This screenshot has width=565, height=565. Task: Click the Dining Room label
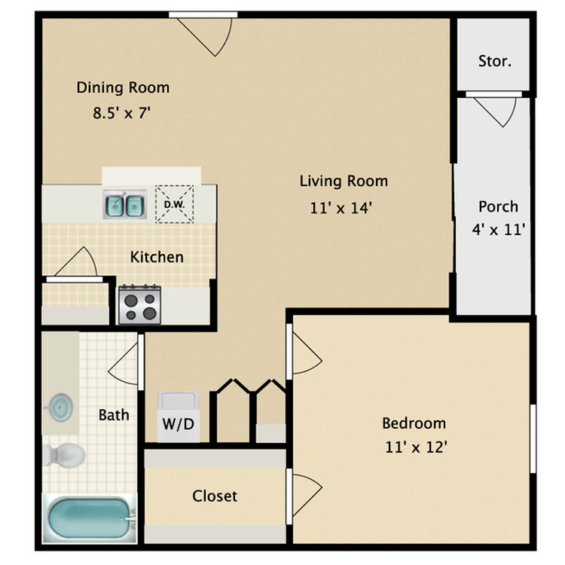click(x=123, y=87)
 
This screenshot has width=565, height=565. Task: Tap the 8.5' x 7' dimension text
click(x=123, y=115)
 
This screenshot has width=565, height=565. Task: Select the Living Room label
click(x=344, y=181)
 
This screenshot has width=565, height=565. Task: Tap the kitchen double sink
click(x=124, y=204)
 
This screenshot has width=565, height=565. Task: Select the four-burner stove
click(x=139, y=304)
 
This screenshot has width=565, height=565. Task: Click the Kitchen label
click(x=157, y=257)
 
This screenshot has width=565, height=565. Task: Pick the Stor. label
click(x=494, y=61)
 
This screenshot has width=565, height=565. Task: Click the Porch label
click(x=498, y=206)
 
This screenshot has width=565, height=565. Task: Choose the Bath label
click(x=114, y=414)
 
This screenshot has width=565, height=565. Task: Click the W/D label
click(x=179, y=424)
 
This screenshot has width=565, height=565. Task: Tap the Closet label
click(x=215, y=496)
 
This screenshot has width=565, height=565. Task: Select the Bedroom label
click(x=414, y=423)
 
